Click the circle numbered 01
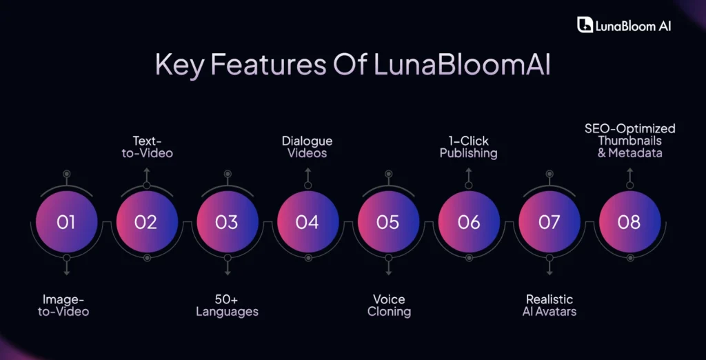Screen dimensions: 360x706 pos(66,222)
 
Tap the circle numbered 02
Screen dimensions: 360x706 pos(147,222)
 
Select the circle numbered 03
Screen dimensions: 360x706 pos(227,222)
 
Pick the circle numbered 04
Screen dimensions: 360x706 pos(307,222)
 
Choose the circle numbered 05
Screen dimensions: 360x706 pos(388,222)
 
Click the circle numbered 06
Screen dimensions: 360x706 pos(469,222)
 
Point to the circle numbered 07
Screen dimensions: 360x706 pos(549,222)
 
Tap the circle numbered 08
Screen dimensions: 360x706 pos(629,222)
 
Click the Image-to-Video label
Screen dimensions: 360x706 pos(66,306)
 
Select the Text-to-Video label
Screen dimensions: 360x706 pos(147,147)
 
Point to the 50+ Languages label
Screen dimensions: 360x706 pos(227,306)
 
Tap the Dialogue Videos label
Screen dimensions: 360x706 pos(307,146)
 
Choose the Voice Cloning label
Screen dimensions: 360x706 pos(389,306)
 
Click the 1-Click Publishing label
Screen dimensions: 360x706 pos(469,147)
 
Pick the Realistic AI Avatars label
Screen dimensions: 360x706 pos(549,306)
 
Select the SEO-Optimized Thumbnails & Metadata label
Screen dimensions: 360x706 pos(629,141)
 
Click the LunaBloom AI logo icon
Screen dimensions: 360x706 pos(585,26)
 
